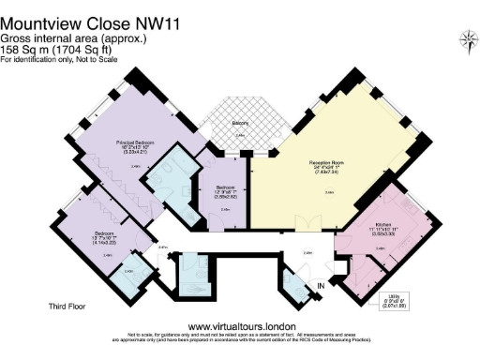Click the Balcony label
pos(240,122)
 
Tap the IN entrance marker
pos(322,285)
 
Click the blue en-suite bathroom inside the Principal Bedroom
pos(181,185)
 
